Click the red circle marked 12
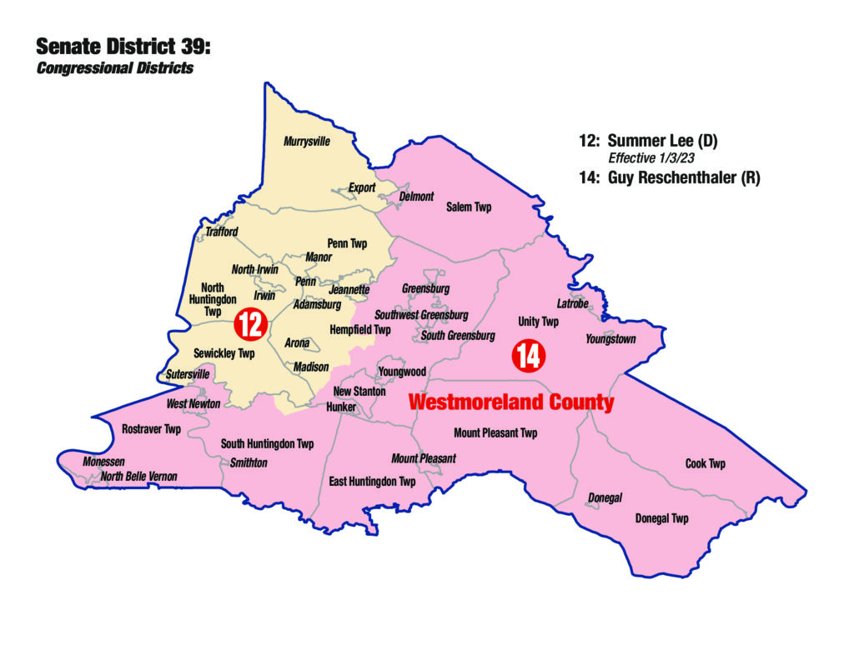(249, 323)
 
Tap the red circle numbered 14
(529, 356)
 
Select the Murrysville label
(307, 142)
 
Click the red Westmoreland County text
(510, 402)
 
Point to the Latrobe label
(573, 303)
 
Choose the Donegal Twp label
(662, 518)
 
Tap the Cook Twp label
(706, 463)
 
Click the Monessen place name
(103, 462)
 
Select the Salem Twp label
(469, 207)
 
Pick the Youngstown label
(610, 339)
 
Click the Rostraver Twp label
(151, 429)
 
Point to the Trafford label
(222, 232)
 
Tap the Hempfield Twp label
(360, 330)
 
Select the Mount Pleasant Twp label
(495, 432)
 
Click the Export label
(362, 187)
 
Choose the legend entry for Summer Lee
(648, 141)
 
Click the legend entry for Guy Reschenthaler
(669, 177)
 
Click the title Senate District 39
(123, 47)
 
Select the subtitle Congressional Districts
(115, 68)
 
